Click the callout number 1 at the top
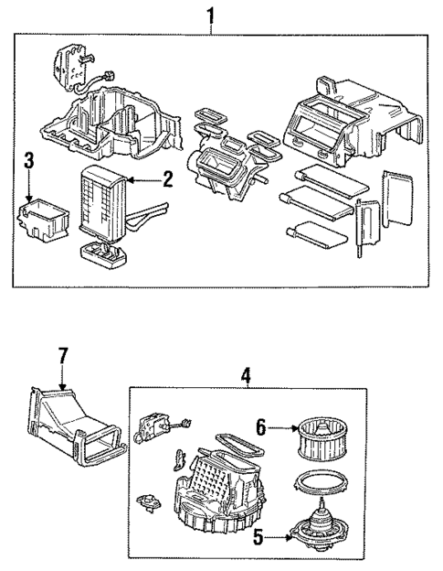pos(212,15)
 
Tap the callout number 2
pos(167,178)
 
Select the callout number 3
pos(29,162)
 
